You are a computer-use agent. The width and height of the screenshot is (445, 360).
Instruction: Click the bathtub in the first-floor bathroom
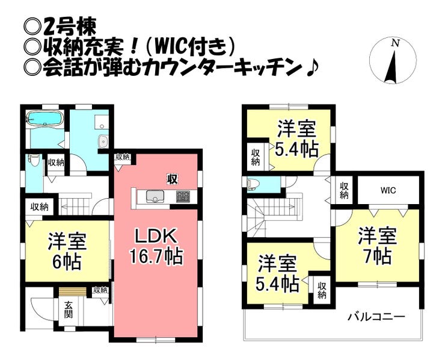tap(44, 118)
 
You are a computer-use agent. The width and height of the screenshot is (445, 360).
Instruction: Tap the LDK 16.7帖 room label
tap(156, 247)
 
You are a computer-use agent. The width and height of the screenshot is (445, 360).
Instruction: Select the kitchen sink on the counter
tap(156, 197)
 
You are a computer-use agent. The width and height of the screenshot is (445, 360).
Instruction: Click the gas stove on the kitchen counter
tap(183, 196)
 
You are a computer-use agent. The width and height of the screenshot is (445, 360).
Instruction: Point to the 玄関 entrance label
tap(68, 309)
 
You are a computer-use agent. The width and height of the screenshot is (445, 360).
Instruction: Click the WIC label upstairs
tap(388, 191)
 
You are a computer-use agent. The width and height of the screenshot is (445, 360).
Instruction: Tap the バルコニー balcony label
tap(376, 317)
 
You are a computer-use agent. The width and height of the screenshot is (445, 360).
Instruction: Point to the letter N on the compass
tap(395, 43)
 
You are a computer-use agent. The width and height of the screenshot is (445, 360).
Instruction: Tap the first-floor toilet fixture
tap(34, 161)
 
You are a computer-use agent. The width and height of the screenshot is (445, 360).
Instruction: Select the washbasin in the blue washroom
tap(103, 141)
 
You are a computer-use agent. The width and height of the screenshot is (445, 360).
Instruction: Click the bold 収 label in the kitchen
tap(172, 179)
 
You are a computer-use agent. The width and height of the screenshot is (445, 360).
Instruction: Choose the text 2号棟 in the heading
tap(70, 27)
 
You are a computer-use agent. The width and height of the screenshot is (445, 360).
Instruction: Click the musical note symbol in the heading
tap(313, 69)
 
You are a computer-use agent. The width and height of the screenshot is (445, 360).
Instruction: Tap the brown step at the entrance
tap(72, 292)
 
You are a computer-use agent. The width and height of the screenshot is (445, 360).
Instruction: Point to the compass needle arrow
tap(393, 66)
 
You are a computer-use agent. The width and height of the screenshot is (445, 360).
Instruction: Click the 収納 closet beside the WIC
tap(344, 190)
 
